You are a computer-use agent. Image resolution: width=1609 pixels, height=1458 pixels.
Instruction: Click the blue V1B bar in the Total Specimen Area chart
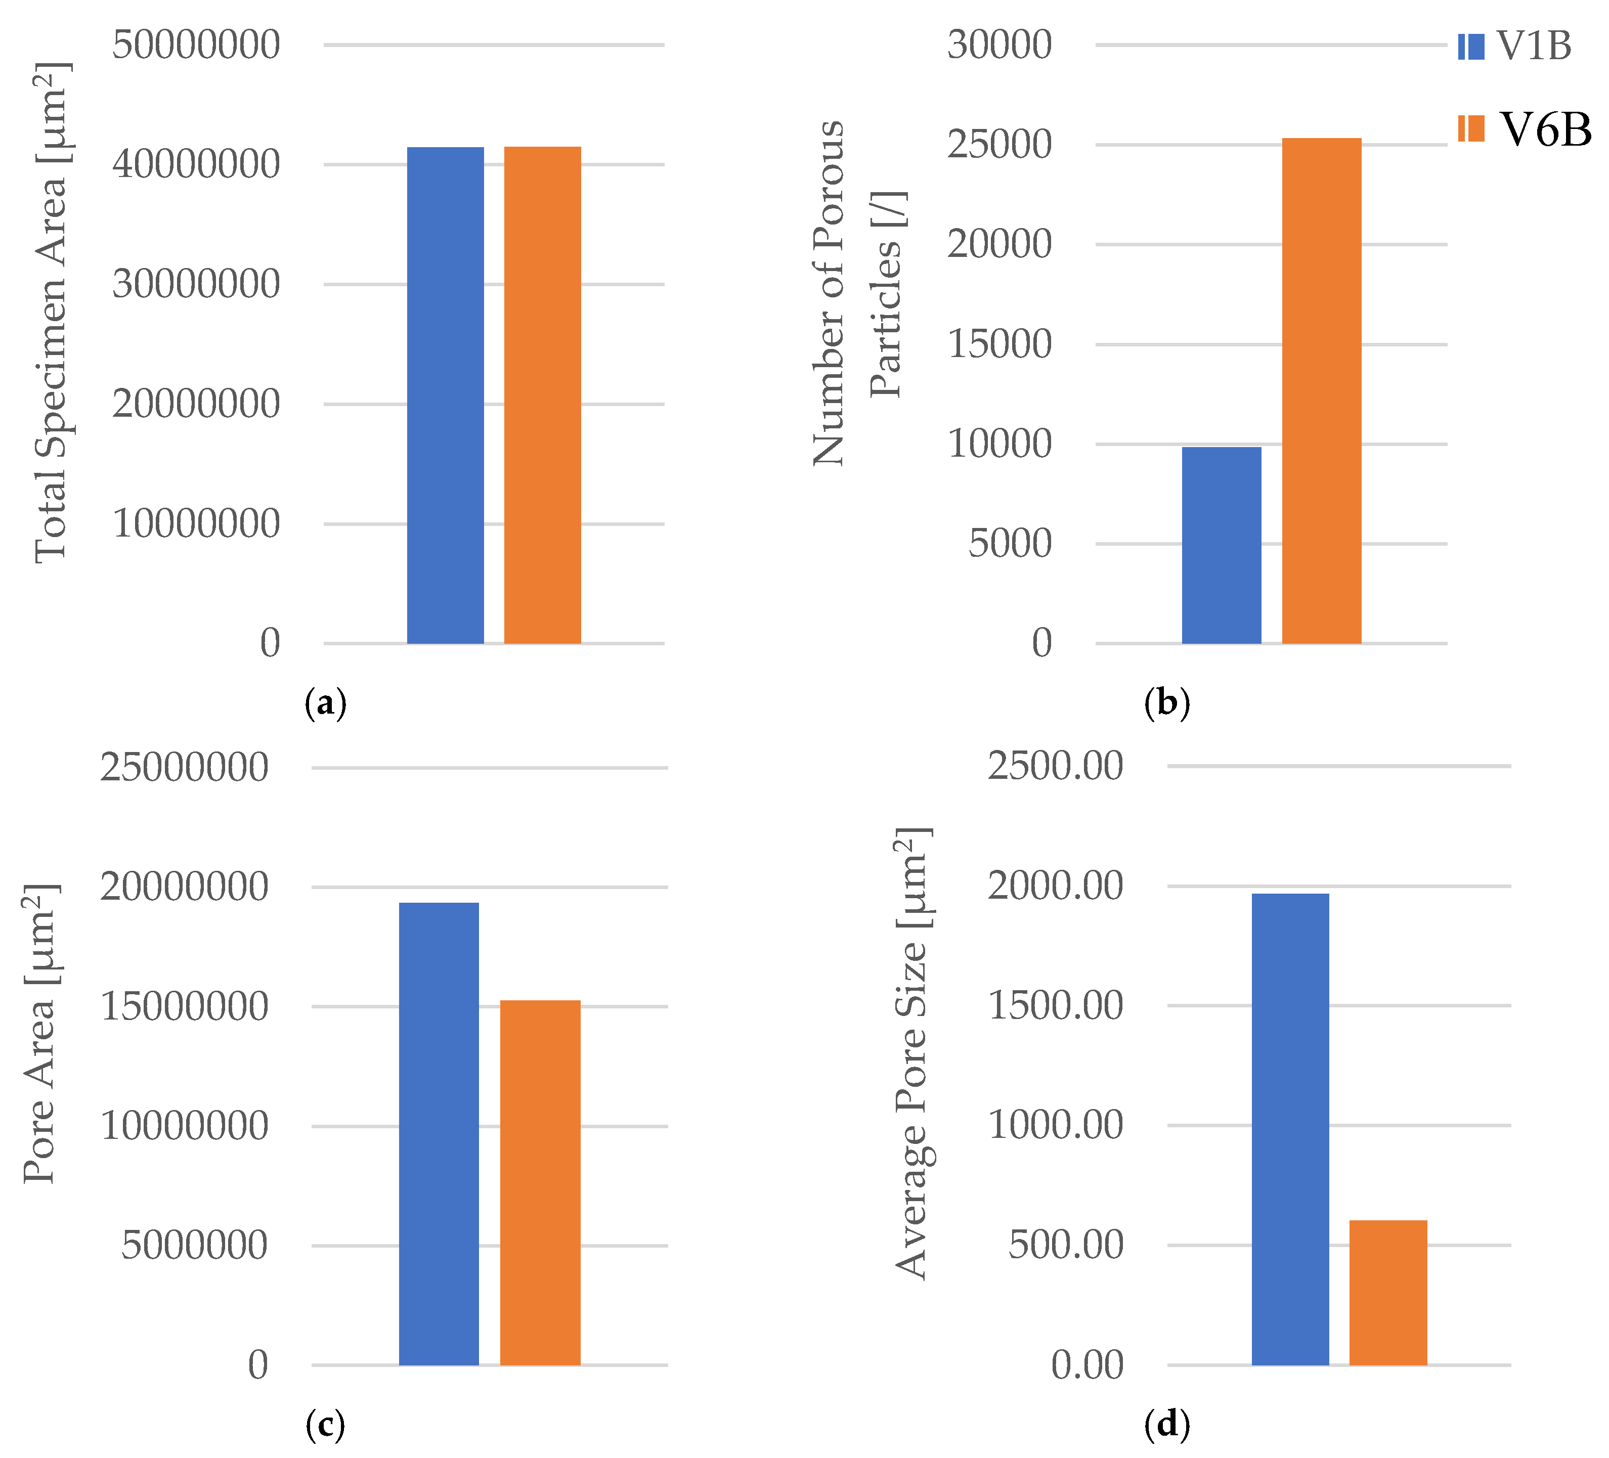click(x=445, y=395)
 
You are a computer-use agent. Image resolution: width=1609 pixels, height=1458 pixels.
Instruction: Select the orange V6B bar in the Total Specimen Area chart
click(x=543, y=395)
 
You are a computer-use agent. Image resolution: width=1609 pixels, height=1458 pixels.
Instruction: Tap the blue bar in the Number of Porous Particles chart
click(x=1221, y=545)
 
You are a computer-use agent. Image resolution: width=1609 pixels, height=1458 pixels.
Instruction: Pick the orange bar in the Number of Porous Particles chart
click(x=1321, y=391)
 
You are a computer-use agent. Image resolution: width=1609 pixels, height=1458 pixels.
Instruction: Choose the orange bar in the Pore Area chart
click(x=540, y=1181)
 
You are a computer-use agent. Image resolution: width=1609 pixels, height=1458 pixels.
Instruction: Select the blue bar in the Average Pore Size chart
click(x=1290, y=1129)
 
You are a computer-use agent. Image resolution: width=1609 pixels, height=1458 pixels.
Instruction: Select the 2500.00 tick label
click(x=1055, y=766)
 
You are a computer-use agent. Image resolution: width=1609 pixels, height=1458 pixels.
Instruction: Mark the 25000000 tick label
click(x=184, y=768)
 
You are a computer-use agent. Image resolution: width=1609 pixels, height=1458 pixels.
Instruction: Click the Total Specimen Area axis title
click(x=53, y=311)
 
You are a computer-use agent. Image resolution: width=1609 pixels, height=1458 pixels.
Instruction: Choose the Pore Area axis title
click(x=40, y=1034)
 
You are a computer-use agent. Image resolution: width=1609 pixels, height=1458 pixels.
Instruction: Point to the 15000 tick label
click(x=999, y=345)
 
